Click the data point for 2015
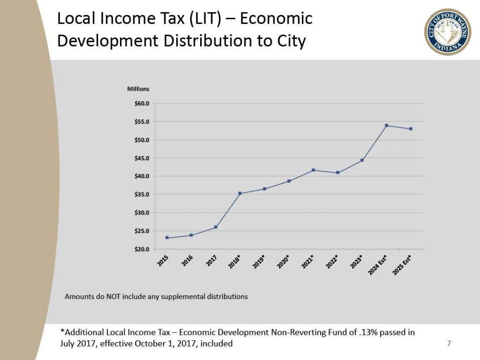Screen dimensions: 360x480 (167, 238)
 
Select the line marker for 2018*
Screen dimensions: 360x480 (240, 193)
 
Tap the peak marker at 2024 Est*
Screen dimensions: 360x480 (386, 125)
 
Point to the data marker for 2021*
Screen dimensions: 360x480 (313, 170)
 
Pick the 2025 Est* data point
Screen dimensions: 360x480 (411, 129)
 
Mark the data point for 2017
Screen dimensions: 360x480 (216, 227)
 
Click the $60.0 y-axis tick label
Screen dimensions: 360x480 (142, 104)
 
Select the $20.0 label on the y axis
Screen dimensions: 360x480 (142, 249)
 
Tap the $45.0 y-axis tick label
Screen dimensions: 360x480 (142, 158)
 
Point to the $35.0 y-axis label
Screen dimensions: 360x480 (142, 194)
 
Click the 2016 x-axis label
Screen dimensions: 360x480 (188, 260)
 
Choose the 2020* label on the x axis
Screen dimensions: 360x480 (283, 261)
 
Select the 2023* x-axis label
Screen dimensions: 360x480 (357, 261)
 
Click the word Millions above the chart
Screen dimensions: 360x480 (138, 89)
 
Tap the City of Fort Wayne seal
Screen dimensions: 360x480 (447, 32)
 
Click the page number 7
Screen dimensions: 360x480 (449, 343)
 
